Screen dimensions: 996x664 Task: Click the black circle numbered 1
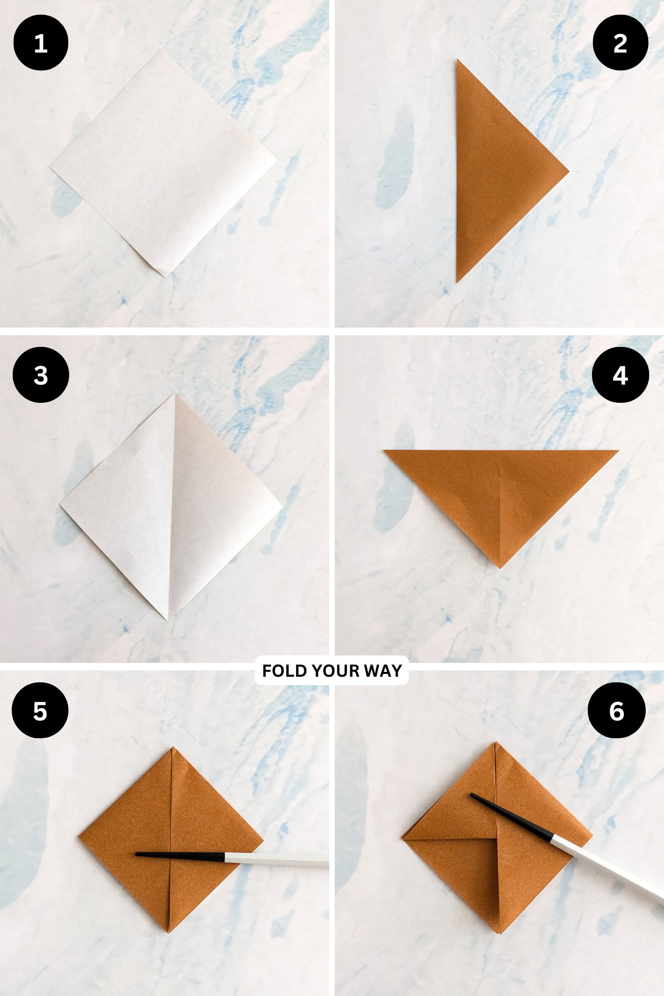coord(40,43)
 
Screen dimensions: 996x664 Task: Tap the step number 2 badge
coord(620,43)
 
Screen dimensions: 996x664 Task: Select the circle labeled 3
coord(40,375)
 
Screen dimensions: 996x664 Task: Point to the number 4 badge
coord(620,375)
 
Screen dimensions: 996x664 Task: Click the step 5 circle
coord(40,710)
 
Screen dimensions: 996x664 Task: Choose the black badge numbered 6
coord(616,710)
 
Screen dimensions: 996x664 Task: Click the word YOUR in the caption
coord(336,671)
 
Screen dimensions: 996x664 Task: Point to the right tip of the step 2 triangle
coord(568,169)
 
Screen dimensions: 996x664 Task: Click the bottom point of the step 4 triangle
coord(500,568)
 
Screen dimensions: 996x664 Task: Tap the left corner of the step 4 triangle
coord(384,451)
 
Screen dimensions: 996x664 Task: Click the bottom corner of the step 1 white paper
coord(164,276)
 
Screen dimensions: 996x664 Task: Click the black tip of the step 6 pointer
coord(472,795)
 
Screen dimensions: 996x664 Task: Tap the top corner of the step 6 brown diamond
coord(496,743)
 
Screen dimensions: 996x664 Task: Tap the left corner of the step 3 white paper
coord(60,504)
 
